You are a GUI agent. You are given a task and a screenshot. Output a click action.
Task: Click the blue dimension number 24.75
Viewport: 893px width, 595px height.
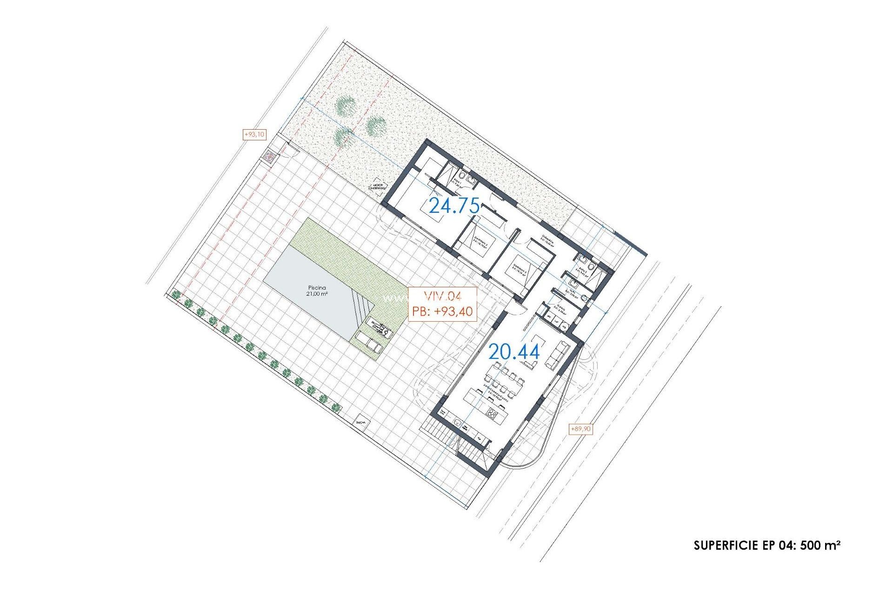(x=454, y=205)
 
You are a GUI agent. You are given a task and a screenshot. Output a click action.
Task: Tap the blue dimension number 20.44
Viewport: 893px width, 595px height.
(x=514, y=352)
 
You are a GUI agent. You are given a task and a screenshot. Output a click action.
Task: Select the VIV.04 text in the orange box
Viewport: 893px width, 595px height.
(x=442, y=296)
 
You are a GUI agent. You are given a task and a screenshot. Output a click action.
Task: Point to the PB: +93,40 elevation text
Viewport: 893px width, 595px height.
(x=442, y=311)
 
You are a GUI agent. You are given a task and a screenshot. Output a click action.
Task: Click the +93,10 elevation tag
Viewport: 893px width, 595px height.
(x=254, y=134)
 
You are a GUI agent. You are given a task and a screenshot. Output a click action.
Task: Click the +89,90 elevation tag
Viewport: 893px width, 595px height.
(x=580, y=429)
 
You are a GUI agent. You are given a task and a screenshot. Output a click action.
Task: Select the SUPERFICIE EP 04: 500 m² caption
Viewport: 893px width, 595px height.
(x=766, y=545)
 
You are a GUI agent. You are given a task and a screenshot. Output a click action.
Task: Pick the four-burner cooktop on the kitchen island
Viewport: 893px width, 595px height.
(x=493, y=413)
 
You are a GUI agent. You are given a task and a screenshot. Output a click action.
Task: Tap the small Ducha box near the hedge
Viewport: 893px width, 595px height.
(x=360, y=423)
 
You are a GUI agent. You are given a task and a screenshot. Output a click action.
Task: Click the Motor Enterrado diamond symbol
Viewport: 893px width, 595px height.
(x=377, y=187)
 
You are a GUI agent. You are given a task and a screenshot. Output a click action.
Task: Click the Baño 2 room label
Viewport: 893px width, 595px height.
(x=582, y=270)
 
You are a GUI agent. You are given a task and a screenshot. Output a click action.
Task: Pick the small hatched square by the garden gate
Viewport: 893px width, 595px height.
(x=268, y=157)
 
